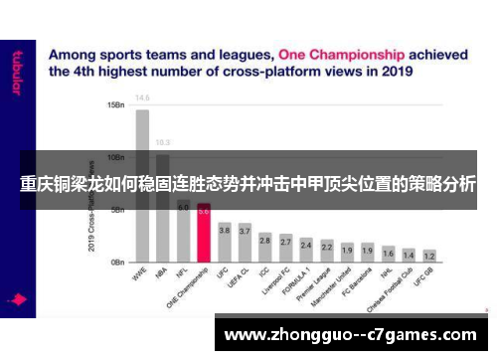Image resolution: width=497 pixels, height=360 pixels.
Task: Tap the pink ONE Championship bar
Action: [x=204, y=239]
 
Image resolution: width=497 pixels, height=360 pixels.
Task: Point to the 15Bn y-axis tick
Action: [x=115, y=104]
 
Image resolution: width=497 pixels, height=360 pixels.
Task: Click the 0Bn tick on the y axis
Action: [x=117, y=263]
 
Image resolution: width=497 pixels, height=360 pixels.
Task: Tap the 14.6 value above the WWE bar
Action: [x=143, y=97]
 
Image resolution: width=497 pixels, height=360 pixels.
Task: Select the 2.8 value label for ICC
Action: [x=265, y=239]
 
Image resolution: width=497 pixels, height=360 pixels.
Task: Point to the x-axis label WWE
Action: [x=138, y=273]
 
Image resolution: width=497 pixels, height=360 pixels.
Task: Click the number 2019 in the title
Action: [x=396, y=72]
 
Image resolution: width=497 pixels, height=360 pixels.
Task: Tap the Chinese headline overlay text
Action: [x=248, y=184]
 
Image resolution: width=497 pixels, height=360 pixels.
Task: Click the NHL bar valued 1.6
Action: [x=388, y=258]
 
